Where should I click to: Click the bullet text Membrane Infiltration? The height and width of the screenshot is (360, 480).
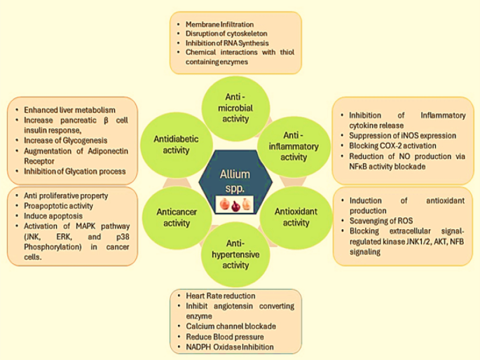pyautogui.click(x=219, y=25)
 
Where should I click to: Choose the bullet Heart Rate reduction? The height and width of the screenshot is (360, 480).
pyautogui.click(x=221, y=297)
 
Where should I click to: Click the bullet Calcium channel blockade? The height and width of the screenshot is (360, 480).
pyautogui.click(x=231, y=327)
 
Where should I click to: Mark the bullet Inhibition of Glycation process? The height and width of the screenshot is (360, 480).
pyautogui.click(x=74, y=171)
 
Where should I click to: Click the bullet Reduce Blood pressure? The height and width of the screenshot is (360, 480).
pyautogui.click(x=224, y=338)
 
